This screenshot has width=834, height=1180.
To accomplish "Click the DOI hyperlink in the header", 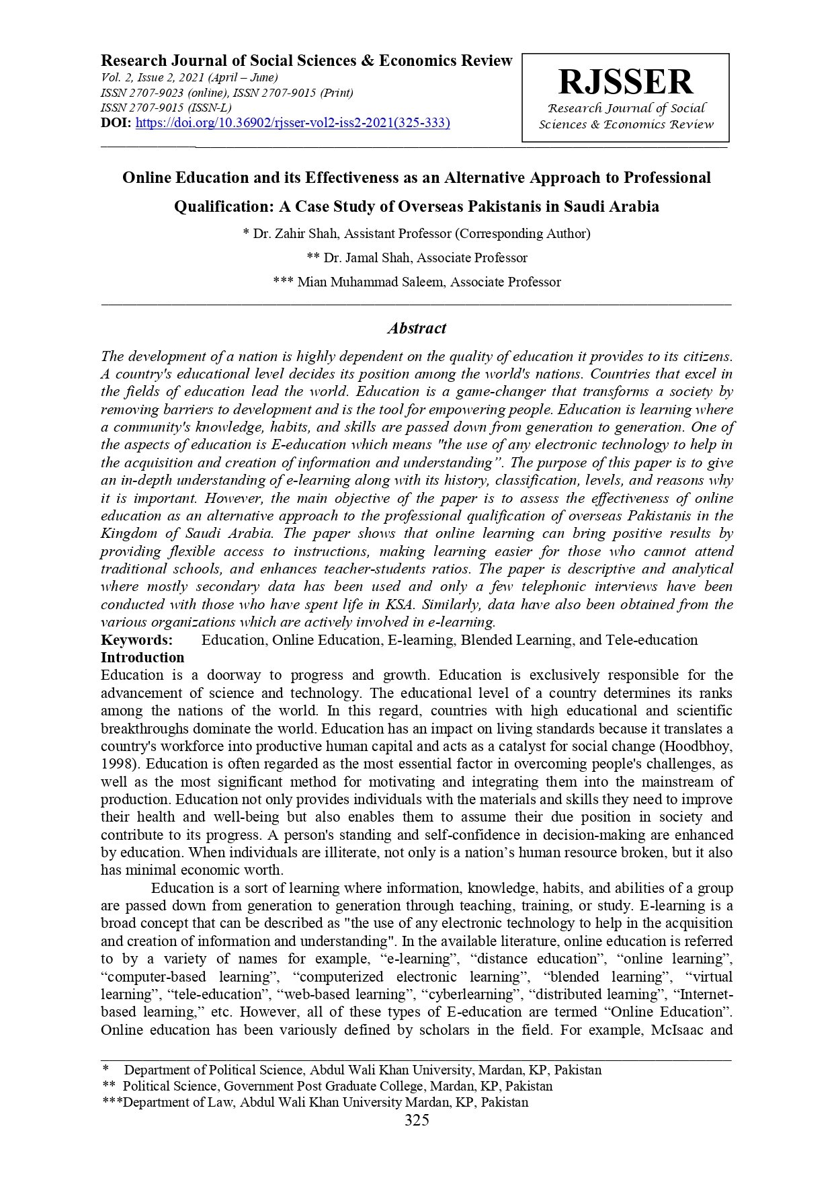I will pos(293,123).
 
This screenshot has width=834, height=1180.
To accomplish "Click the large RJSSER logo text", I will pos(625,82).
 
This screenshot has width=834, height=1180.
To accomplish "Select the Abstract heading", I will pos(417,329).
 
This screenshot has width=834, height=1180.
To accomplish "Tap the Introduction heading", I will pos(142,658).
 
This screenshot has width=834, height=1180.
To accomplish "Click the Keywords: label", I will pos(137,640).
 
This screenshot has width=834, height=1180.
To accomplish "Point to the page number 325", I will pos(417,1120).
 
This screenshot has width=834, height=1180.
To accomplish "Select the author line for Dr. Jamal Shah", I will pos(417,258).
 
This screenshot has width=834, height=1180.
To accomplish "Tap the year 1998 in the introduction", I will pos(118,764).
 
